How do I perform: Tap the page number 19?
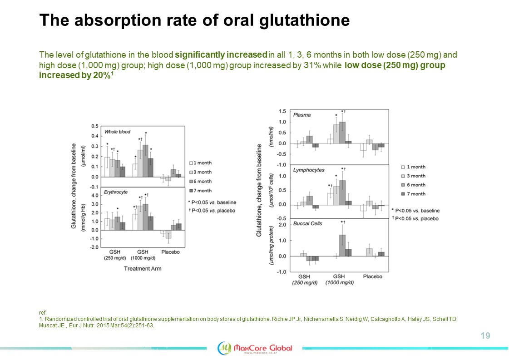tap(485, 336)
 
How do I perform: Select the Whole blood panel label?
tap(118, 132)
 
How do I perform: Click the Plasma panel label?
tap(302, 115)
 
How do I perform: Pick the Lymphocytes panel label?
tap(309, 170)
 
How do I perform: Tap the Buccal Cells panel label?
tap(308, 223)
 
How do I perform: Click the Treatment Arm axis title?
tap(143, 268)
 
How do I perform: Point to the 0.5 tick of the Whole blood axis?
tap(94, 126)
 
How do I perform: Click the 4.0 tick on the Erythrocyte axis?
tap(94, 196)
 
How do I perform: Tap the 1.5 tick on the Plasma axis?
tap(282, 111)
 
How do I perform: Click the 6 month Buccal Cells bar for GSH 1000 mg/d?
tap(342, 245)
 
